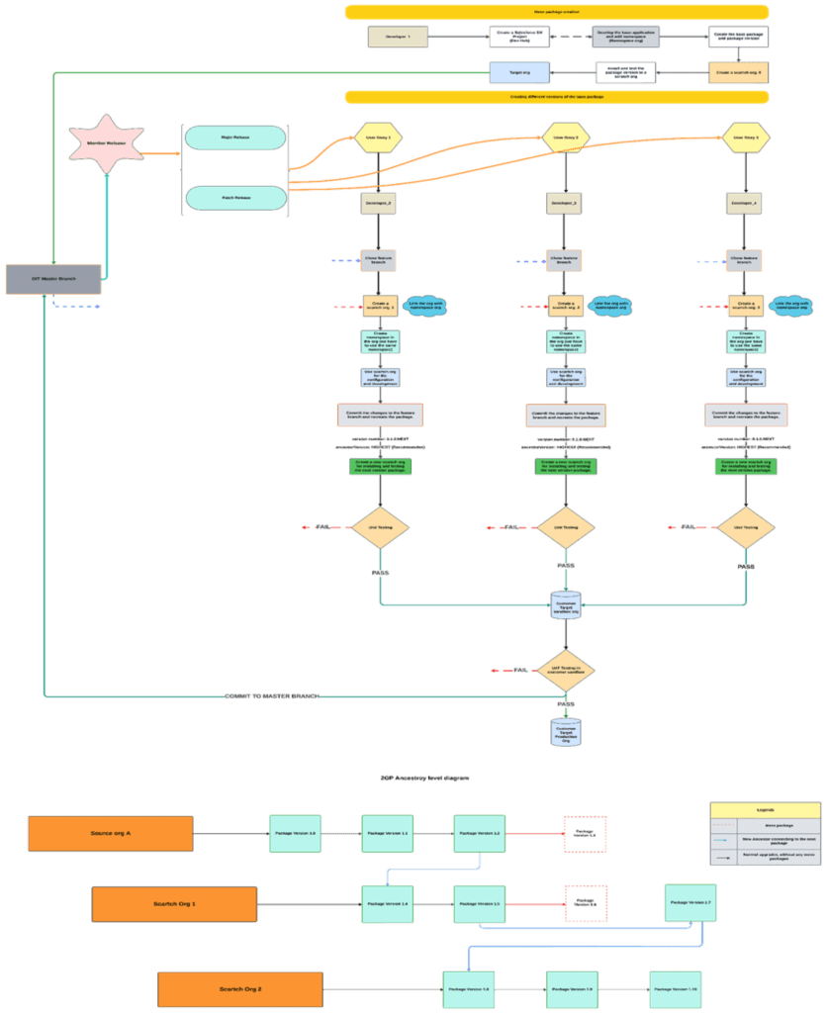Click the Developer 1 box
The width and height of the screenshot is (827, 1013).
[x=398, y=38]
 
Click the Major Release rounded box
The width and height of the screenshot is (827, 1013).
[x=235, y=138]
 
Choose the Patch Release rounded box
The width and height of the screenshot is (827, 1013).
[x=235, y=199]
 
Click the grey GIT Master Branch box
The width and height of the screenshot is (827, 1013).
[x=53, y=279]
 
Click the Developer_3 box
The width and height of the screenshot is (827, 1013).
[x=563, y=204]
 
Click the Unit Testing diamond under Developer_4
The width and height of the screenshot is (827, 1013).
[x=745, y=528]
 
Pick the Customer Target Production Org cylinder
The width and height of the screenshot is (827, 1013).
[x=563, y=733]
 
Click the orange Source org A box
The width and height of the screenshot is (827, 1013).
[x=111, y=834]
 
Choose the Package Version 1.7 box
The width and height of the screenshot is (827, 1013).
[x=690, y=902]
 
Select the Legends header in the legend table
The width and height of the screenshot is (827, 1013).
[x=764, y=809]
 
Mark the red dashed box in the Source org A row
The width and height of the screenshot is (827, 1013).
[x=585, y=834]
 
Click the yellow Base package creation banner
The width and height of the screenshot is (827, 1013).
[x=557, y=12]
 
